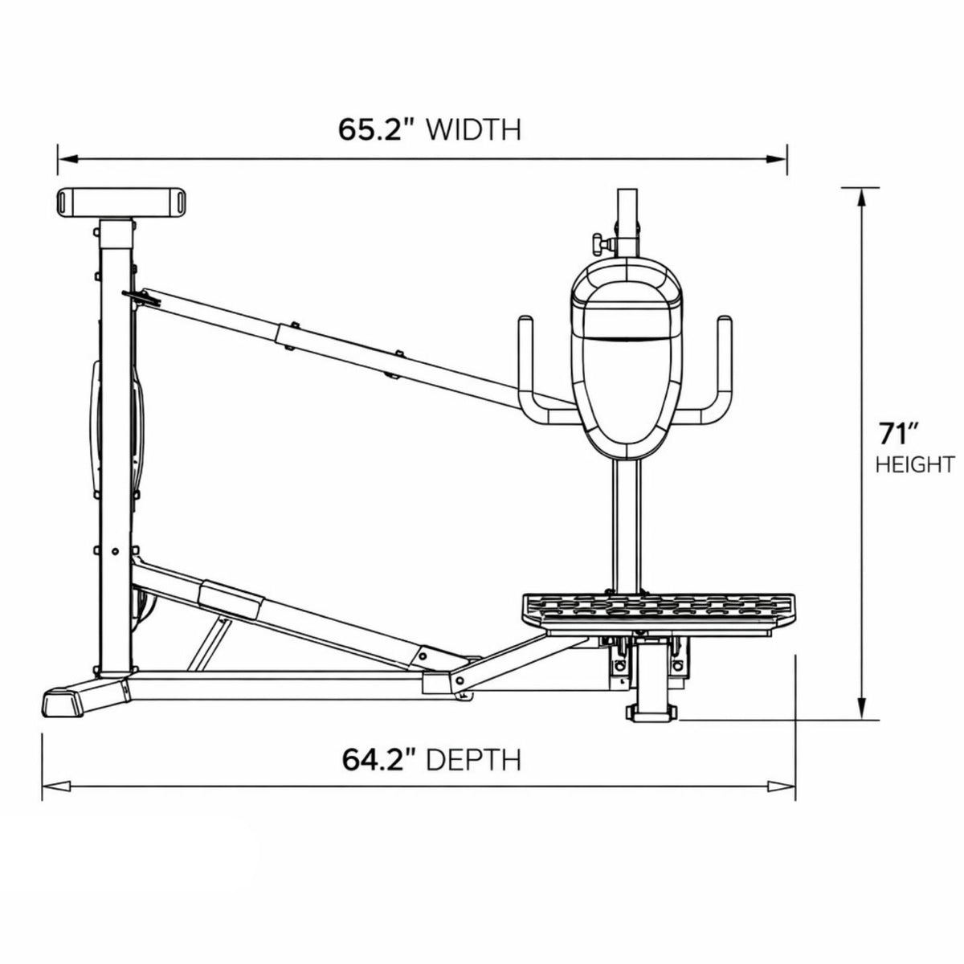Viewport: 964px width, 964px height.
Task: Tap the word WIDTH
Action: [474, 129]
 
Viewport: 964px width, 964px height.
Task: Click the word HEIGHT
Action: [915, 465]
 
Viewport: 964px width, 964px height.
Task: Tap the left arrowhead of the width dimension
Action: [68, 159]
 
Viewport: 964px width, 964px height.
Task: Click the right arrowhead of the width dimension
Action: [776, 159]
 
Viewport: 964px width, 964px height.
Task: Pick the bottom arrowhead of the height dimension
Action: [861, 710]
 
